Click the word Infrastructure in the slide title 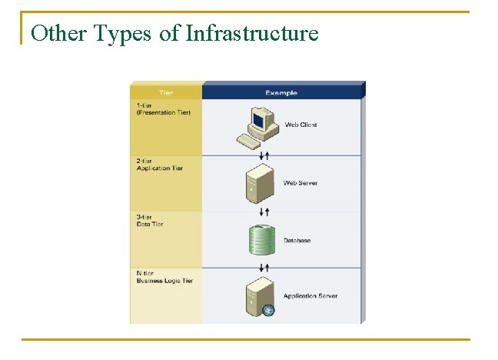point(252,33)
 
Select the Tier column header point(166,93)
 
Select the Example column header point(281,93)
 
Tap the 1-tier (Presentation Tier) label point(164,108)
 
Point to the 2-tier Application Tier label point(159,165)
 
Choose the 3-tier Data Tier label point(153,220)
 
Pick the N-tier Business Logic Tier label point(164,277)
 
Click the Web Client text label point(300,125)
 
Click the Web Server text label point(300,183)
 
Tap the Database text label point(297,241)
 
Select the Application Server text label point(310,296)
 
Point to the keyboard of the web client point(248,141)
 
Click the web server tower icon point(259,184)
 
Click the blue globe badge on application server point(268,311)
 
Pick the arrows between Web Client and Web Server point(264,156)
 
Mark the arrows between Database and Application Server point(264,268)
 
